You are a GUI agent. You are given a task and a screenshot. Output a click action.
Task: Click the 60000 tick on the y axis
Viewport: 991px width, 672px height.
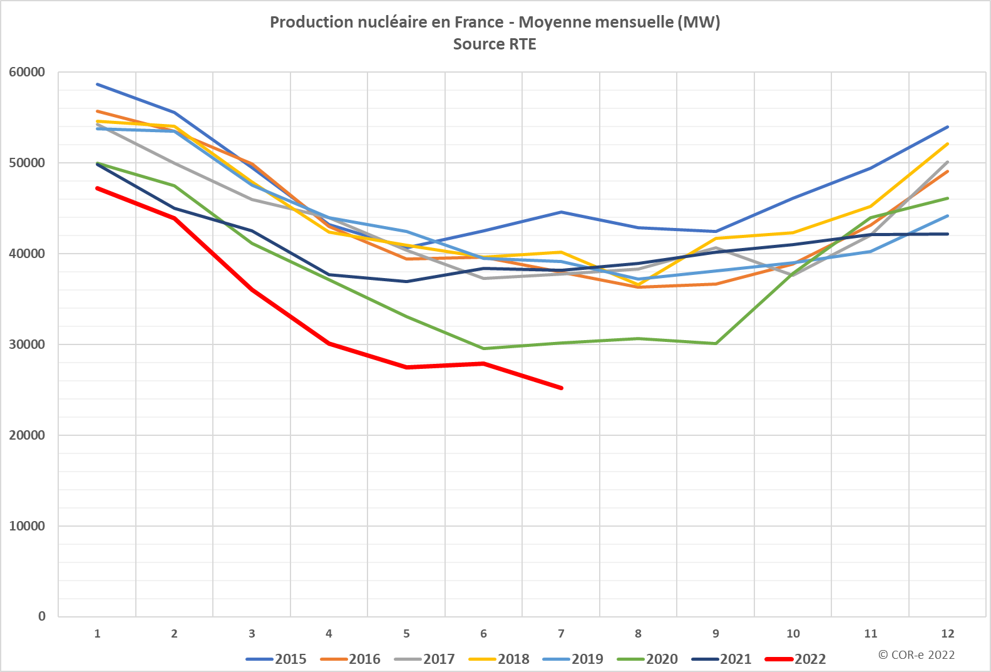tap(27, 72)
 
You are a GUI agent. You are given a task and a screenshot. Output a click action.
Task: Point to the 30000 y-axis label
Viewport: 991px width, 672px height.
tap(27, 344)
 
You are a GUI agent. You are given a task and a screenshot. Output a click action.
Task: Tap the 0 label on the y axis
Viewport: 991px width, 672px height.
tap(42, 616)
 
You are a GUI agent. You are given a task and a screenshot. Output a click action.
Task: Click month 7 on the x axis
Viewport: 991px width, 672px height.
tap(561, 634)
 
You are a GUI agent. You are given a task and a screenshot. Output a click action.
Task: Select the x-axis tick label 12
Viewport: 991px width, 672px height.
tap(947, 634)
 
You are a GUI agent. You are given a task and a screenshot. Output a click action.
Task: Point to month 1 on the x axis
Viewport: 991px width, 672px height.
tap(97, 634)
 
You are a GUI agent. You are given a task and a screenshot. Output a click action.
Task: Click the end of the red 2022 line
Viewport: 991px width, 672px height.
tap(562, 388)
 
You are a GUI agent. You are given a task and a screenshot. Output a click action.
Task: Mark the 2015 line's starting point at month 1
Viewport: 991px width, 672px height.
tap(98, 84)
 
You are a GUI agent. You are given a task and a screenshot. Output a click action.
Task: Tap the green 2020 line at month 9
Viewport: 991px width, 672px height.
tap(716, 343)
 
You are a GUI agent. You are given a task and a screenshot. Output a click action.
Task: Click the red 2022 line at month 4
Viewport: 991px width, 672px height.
tap(329, 343)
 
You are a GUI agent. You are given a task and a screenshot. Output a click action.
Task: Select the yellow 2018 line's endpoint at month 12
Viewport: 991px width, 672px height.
tap(948, 144)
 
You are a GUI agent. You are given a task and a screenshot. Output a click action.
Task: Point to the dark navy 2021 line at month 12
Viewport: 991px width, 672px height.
tap(948, 234)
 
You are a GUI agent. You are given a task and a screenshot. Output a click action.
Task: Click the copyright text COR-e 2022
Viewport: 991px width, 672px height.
tap(917, 654)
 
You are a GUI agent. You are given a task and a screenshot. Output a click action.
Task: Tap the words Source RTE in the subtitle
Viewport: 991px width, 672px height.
tap(495, 44)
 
